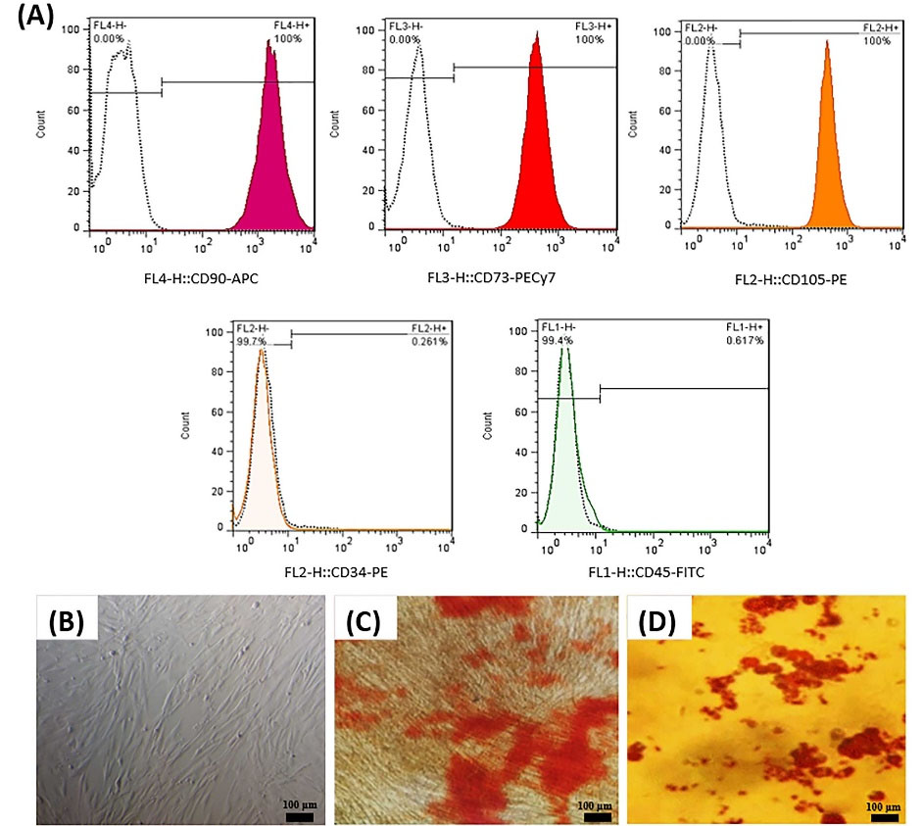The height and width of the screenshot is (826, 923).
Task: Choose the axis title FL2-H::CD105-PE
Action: [791, 279]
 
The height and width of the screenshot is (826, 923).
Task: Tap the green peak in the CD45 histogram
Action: [565, 461]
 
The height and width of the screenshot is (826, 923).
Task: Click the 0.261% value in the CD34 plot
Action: [430, 341]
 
